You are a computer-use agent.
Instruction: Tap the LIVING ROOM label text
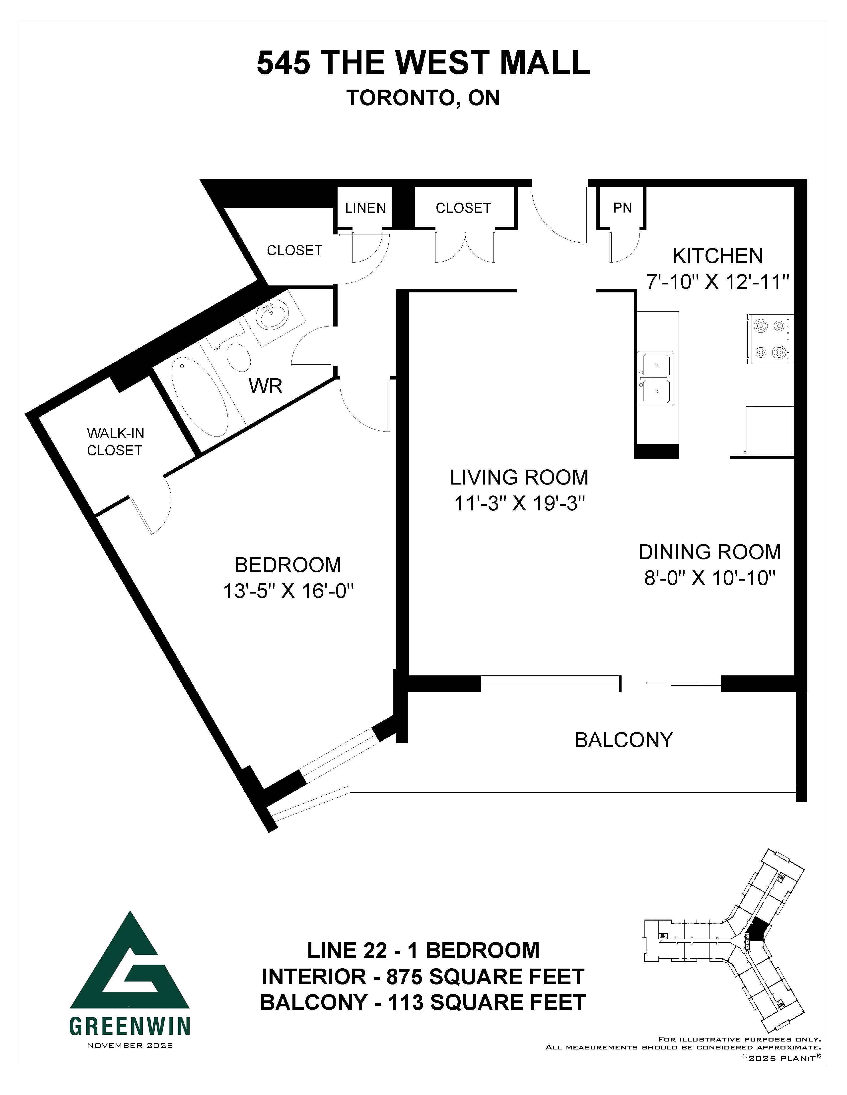tap(519, 477)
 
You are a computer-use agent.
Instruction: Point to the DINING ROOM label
tap(709, 552)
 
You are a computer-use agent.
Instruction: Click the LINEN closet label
tap(365, 208)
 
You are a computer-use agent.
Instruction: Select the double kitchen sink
tap(656, 379)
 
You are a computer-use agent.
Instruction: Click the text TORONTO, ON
tap(423, 98)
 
